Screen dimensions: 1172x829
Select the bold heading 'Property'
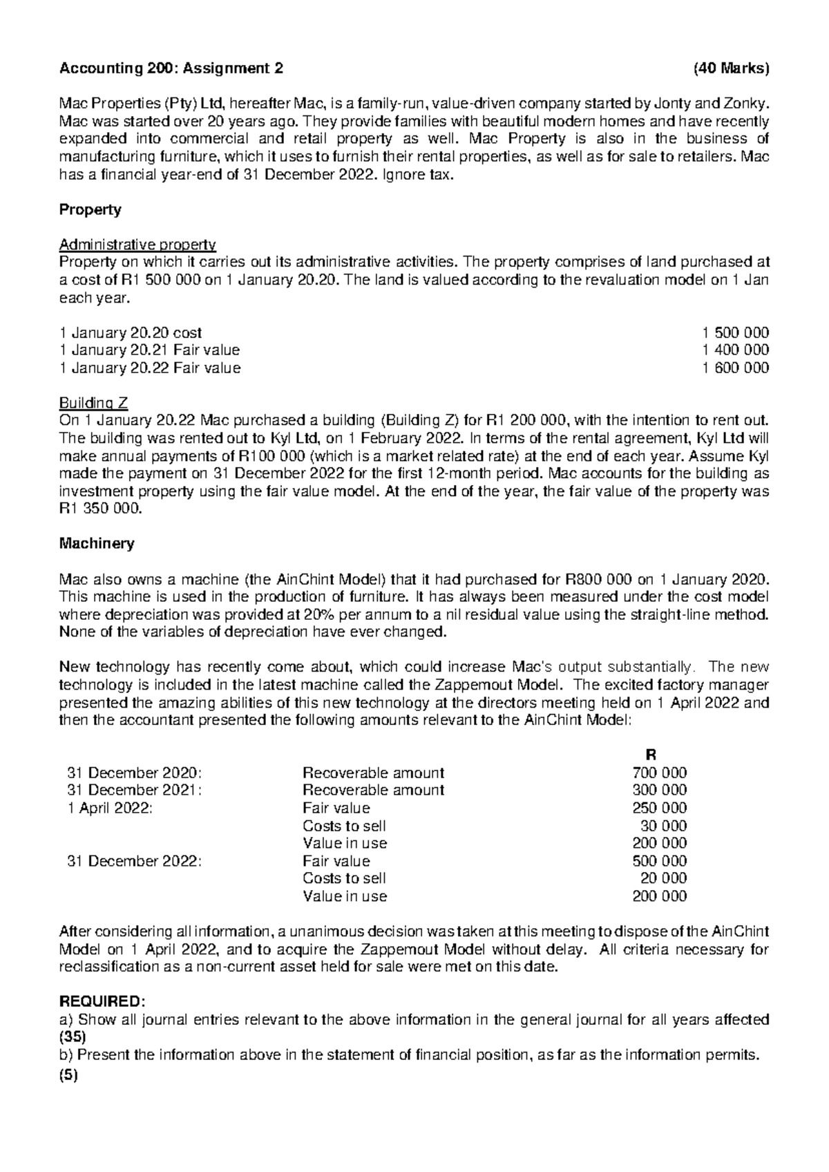click(90, 209)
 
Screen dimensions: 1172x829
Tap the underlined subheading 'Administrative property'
click(138, 245)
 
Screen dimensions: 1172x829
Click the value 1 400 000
click(735, 350)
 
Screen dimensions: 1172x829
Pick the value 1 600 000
click(735, 368)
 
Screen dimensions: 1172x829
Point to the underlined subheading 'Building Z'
click(93, 403)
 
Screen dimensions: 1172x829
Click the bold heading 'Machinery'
click(97, 544)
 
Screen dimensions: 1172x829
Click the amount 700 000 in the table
click(660, 773)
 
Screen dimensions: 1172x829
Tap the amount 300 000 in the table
click(660, 790)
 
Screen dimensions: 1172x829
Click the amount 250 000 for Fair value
click(660, 808)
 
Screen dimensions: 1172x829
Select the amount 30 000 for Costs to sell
click(664, 826)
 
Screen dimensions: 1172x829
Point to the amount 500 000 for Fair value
click(660, 861)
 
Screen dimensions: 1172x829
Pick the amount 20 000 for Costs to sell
click(664, 878)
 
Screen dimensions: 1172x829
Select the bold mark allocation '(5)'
click(69, 1073)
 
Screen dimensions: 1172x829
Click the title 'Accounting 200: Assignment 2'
click(171, 68)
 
